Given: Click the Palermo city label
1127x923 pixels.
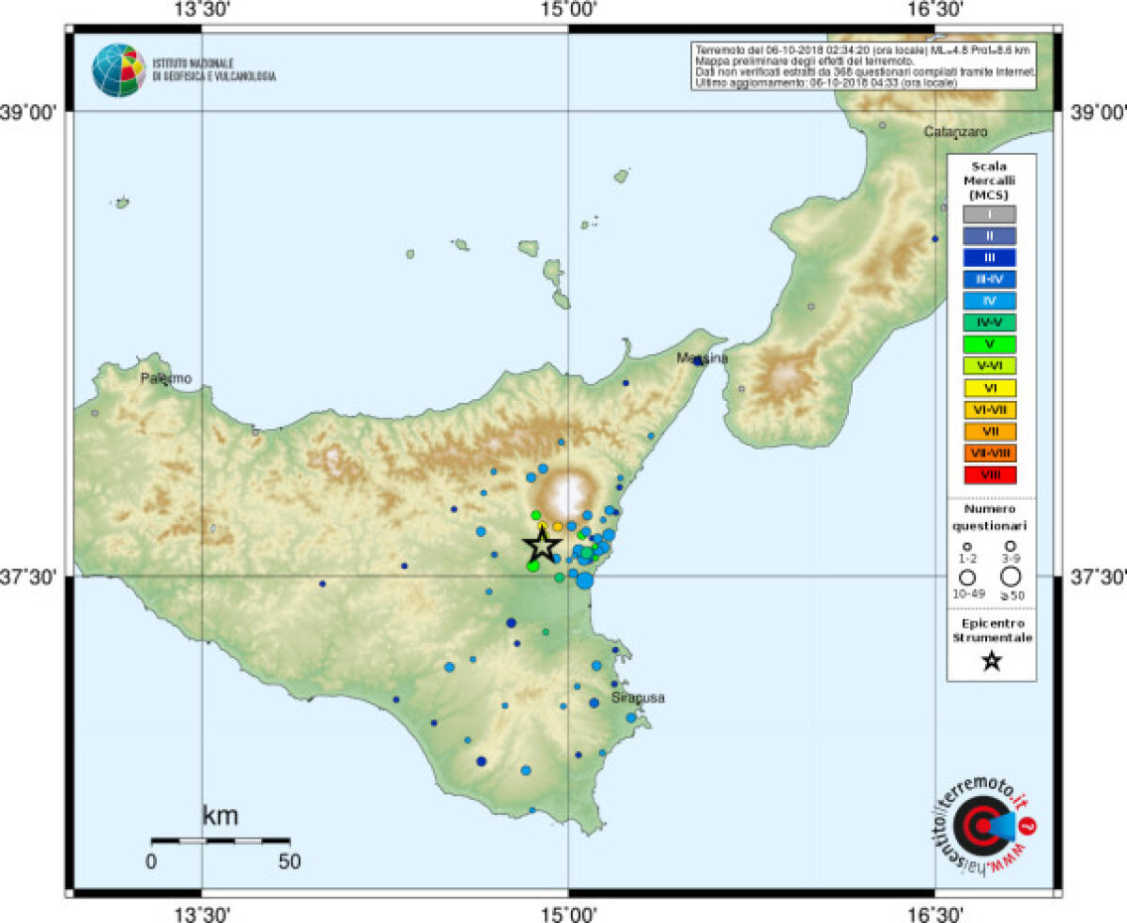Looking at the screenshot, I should (166, 378).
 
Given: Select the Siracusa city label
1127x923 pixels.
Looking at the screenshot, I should (638, 698).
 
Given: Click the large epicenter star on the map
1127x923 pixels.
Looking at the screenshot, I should (542, 546).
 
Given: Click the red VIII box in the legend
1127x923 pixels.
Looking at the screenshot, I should (991, 474).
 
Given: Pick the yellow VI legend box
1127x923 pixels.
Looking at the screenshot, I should (991, 387).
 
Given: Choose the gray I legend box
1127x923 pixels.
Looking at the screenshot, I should (991, 214).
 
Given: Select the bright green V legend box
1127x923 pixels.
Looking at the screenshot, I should (991, 344).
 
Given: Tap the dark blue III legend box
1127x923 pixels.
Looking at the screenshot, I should (991, 257).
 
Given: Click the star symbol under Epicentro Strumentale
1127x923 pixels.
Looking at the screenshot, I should (992, 661).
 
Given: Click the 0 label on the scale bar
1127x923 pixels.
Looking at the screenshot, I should (152, 861).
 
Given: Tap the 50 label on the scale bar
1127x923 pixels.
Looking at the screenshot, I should (289, 861).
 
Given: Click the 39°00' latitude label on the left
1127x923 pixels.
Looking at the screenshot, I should (32, 113).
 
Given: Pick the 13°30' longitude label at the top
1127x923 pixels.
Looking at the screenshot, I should (202, 11).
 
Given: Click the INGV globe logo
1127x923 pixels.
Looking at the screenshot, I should (119, 70).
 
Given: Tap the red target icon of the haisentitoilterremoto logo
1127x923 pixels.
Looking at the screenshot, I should (978, 826).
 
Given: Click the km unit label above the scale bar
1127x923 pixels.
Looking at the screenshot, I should (221, 815).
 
